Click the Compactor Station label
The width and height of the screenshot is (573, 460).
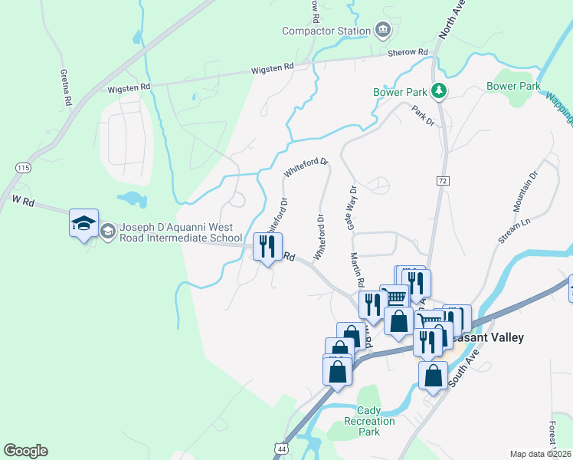tap(326, 31)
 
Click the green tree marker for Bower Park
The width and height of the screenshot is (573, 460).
tap(438, 92)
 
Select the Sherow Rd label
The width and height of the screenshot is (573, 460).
tap(408, 52)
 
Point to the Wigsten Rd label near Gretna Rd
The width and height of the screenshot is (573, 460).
tap(129, 88)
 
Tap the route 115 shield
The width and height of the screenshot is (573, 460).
tap(22, 167)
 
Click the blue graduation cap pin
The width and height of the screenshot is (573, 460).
tap(83, 223)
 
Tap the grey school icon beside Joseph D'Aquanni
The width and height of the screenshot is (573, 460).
tap(108, 230)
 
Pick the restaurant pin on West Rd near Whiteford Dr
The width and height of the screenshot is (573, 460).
tap(267, 247)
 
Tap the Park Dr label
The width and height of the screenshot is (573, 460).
tap(422, 116)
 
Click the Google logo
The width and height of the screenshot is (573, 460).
tap(25, 451)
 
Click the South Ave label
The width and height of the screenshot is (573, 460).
tap(466, 367)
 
